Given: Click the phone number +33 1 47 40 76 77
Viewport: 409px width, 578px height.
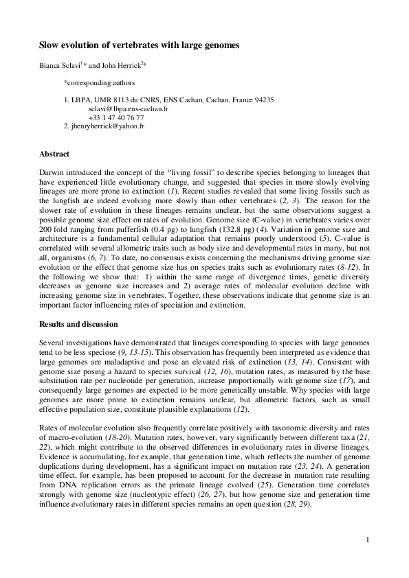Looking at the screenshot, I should pyautogui.click(x=116, y=117).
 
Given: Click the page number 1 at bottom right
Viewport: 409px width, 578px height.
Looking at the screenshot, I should pyautogui.click(x=368, y=540).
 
